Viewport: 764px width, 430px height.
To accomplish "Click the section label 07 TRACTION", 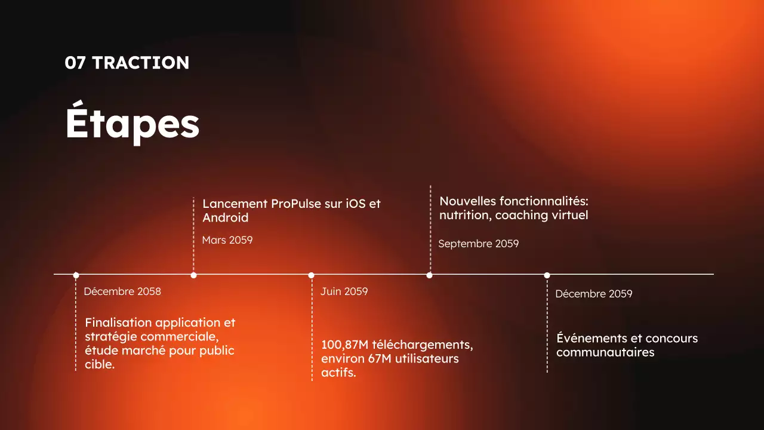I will pos(127,63).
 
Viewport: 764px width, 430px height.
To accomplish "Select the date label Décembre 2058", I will pos(122,291).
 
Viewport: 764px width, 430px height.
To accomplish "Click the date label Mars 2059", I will pos(227,240).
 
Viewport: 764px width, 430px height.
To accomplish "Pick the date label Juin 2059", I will pos(344,291).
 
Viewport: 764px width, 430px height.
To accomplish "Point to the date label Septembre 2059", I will pos(478,244).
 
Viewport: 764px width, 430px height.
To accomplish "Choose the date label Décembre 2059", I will pos(593,294).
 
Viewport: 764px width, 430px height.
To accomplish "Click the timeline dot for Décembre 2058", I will pos(76,275).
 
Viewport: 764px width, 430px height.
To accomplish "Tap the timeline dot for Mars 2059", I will pos(193,275).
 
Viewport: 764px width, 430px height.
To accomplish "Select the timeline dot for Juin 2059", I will pos(311,275).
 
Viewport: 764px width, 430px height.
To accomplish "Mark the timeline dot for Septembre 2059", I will pos(429,275).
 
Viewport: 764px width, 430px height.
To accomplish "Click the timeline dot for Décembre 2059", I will pos(547,275).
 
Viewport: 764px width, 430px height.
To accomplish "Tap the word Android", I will pos(225,218).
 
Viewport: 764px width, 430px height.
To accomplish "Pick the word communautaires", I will pos(605,352).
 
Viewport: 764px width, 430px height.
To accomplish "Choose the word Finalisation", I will pos(118,322).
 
